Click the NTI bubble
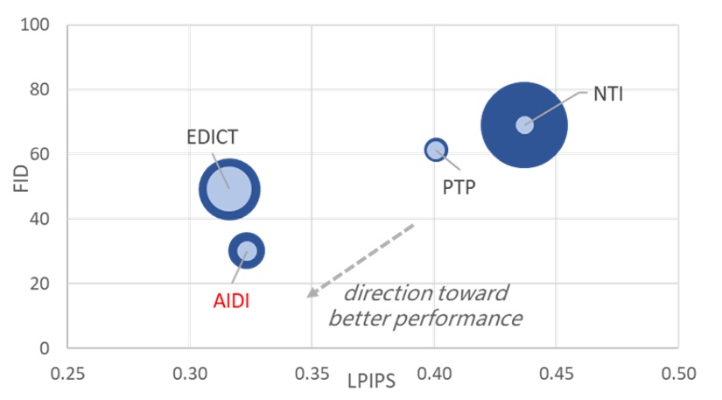(x=524, y=124)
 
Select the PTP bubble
(x=436, y=150)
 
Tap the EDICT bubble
(x=230, y=188)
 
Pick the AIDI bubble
(x=247, y=251)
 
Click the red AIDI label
(x=233, y=300)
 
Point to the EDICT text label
(x=212, y=137)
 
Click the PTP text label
(x=459, y=186)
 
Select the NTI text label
(x=608, y=94)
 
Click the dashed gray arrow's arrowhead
(x=312, y=293)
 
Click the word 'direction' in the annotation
(x=386, y=292)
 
